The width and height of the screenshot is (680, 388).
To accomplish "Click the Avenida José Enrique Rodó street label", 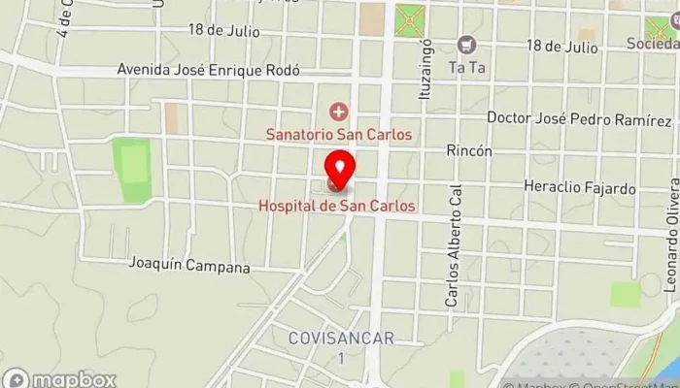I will [208, 70].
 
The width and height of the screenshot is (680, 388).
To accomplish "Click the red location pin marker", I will [338, 170].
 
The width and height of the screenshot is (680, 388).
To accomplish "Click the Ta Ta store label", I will [466, 67].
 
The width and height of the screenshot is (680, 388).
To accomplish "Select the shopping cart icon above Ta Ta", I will [467, 45].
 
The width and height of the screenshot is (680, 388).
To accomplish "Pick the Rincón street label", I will [469, 151].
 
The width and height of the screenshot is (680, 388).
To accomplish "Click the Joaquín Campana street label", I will [189, 266].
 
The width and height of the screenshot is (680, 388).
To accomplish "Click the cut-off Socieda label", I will [652, 44].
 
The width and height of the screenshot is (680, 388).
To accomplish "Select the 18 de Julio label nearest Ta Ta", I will [561, 46].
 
